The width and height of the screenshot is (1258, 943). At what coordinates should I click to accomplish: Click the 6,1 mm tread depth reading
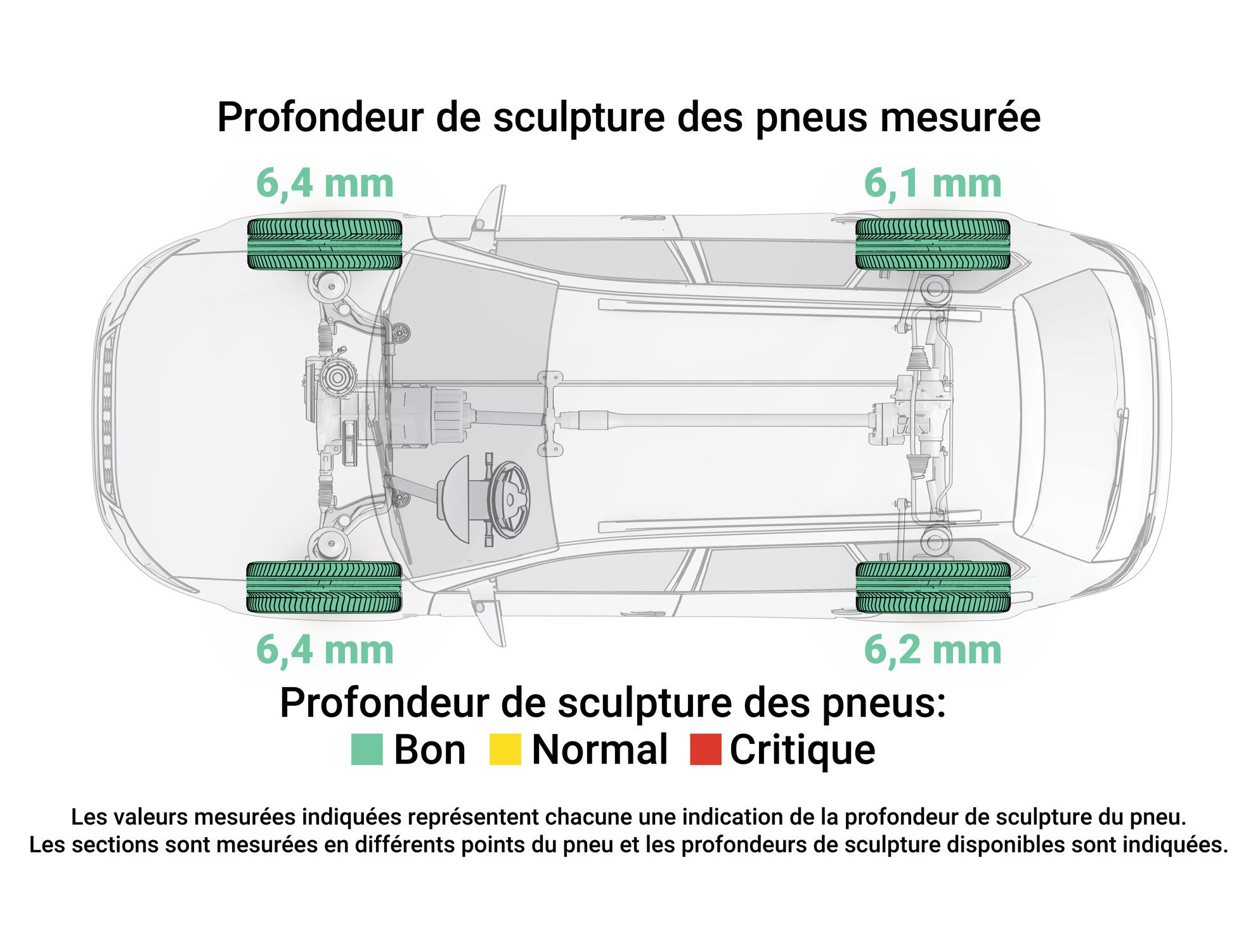click(933, 184)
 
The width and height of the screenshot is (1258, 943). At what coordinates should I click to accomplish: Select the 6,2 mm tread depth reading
click(933, 650)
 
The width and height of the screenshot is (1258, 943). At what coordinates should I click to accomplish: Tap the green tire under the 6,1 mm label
click(933, 244)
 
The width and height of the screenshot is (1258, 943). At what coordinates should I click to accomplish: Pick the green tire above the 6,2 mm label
click(933, 587)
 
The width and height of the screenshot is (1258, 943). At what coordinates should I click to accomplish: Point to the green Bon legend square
click(367, 749)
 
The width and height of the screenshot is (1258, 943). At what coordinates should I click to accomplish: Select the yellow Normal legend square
click(505, 749)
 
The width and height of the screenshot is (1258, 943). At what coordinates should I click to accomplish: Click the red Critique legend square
click(706, 749)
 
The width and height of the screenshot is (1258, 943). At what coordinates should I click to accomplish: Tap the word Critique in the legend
click(803, 750)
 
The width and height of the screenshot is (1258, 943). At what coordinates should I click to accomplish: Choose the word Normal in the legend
click(600, 750)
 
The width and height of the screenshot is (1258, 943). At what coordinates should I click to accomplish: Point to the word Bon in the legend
click(430, 750)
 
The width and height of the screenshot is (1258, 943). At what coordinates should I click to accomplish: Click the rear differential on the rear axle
click(908, 415)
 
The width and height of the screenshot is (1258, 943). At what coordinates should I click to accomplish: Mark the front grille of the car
click(107, 415)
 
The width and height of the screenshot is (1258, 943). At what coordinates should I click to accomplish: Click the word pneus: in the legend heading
click(884, 703)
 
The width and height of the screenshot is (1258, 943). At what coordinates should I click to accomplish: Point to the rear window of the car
click(1065, 415)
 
